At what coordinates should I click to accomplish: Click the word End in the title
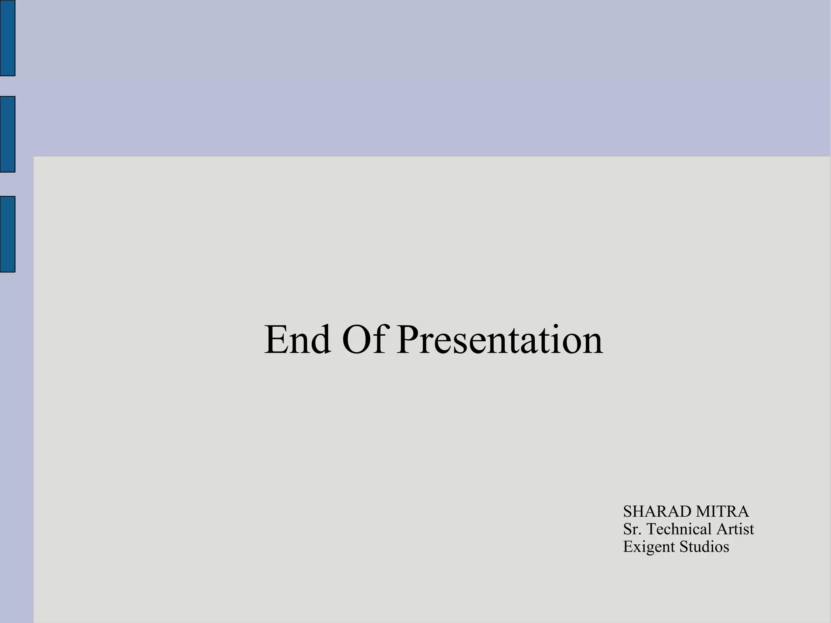297,340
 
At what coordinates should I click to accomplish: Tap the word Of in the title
364,340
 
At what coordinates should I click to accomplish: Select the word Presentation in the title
499,340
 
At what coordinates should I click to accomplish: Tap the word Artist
735,529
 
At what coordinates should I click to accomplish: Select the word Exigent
649,547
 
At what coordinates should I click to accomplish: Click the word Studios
704,547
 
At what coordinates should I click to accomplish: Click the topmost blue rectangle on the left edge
7,38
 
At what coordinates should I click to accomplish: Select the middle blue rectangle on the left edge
7,134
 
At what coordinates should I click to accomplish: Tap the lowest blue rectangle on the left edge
7,234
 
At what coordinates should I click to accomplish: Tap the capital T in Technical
652,529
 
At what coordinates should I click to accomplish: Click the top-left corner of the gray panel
34,157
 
